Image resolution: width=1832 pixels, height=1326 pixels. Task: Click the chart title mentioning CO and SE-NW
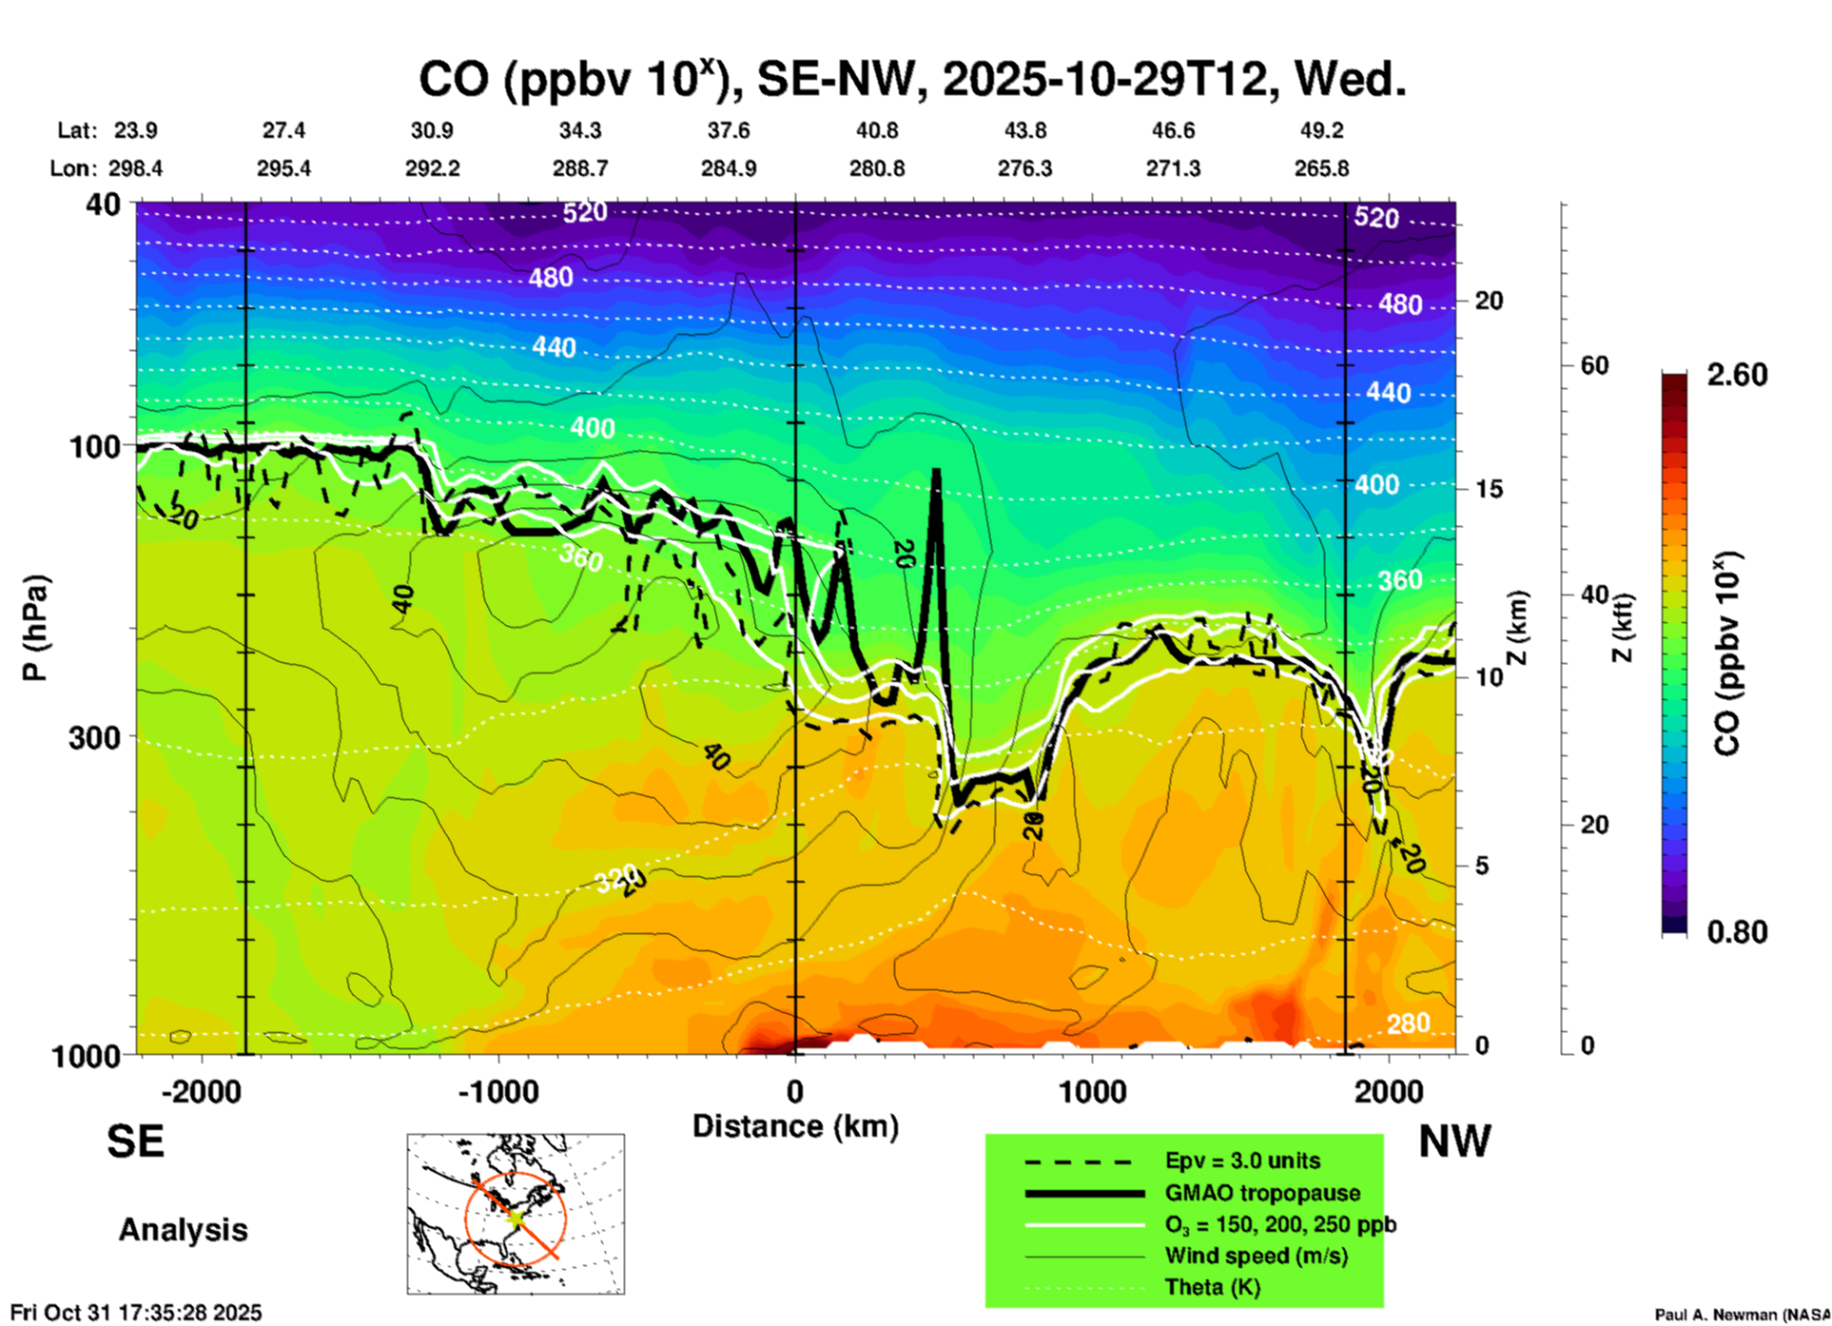[x=911, y=80]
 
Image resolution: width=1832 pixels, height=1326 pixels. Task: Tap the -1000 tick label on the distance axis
[x=498, y=1091]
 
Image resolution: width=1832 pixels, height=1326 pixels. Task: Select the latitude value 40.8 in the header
[x=876, y=130]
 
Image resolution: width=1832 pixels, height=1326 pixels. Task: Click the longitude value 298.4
[x=135, y=168]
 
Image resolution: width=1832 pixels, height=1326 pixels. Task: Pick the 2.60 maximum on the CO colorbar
[x=1737, y=375]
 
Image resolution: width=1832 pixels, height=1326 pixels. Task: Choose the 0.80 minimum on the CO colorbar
[x=1737, y=932]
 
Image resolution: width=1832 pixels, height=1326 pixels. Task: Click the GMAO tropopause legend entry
[x=1262, y=1193]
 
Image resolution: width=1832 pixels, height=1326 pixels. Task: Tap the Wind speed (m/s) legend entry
[x=1256, y=1256]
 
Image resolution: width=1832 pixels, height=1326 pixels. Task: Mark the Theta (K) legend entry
[x=1213, y=1287]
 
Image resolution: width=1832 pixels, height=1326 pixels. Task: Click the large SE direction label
[x=135, y=1141]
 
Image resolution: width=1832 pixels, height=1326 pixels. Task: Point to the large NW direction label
[x=1454, y=1141]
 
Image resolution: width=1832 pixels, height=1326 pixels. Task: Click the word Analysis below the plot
[x=183, y=1230]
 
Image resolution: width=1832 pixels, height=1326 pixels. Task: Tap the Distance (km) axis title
[x=795, y=1126]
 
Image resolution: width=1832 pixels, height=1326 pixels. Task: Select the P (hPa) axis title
[x=35, y=628]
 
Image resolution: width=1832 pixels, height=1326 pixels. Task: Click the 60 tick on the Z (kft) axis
[x=1594, y=365]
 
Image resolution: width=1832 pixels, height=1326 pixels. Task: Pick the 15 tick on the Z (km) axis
[x=1489, y=489]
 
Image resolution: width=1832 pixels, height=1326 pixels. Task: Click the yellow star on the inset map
[x=516, y=1217]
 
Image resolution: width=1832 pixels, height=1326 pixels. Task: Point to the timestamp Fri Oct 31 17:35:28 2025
[x=135, y=1313]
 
